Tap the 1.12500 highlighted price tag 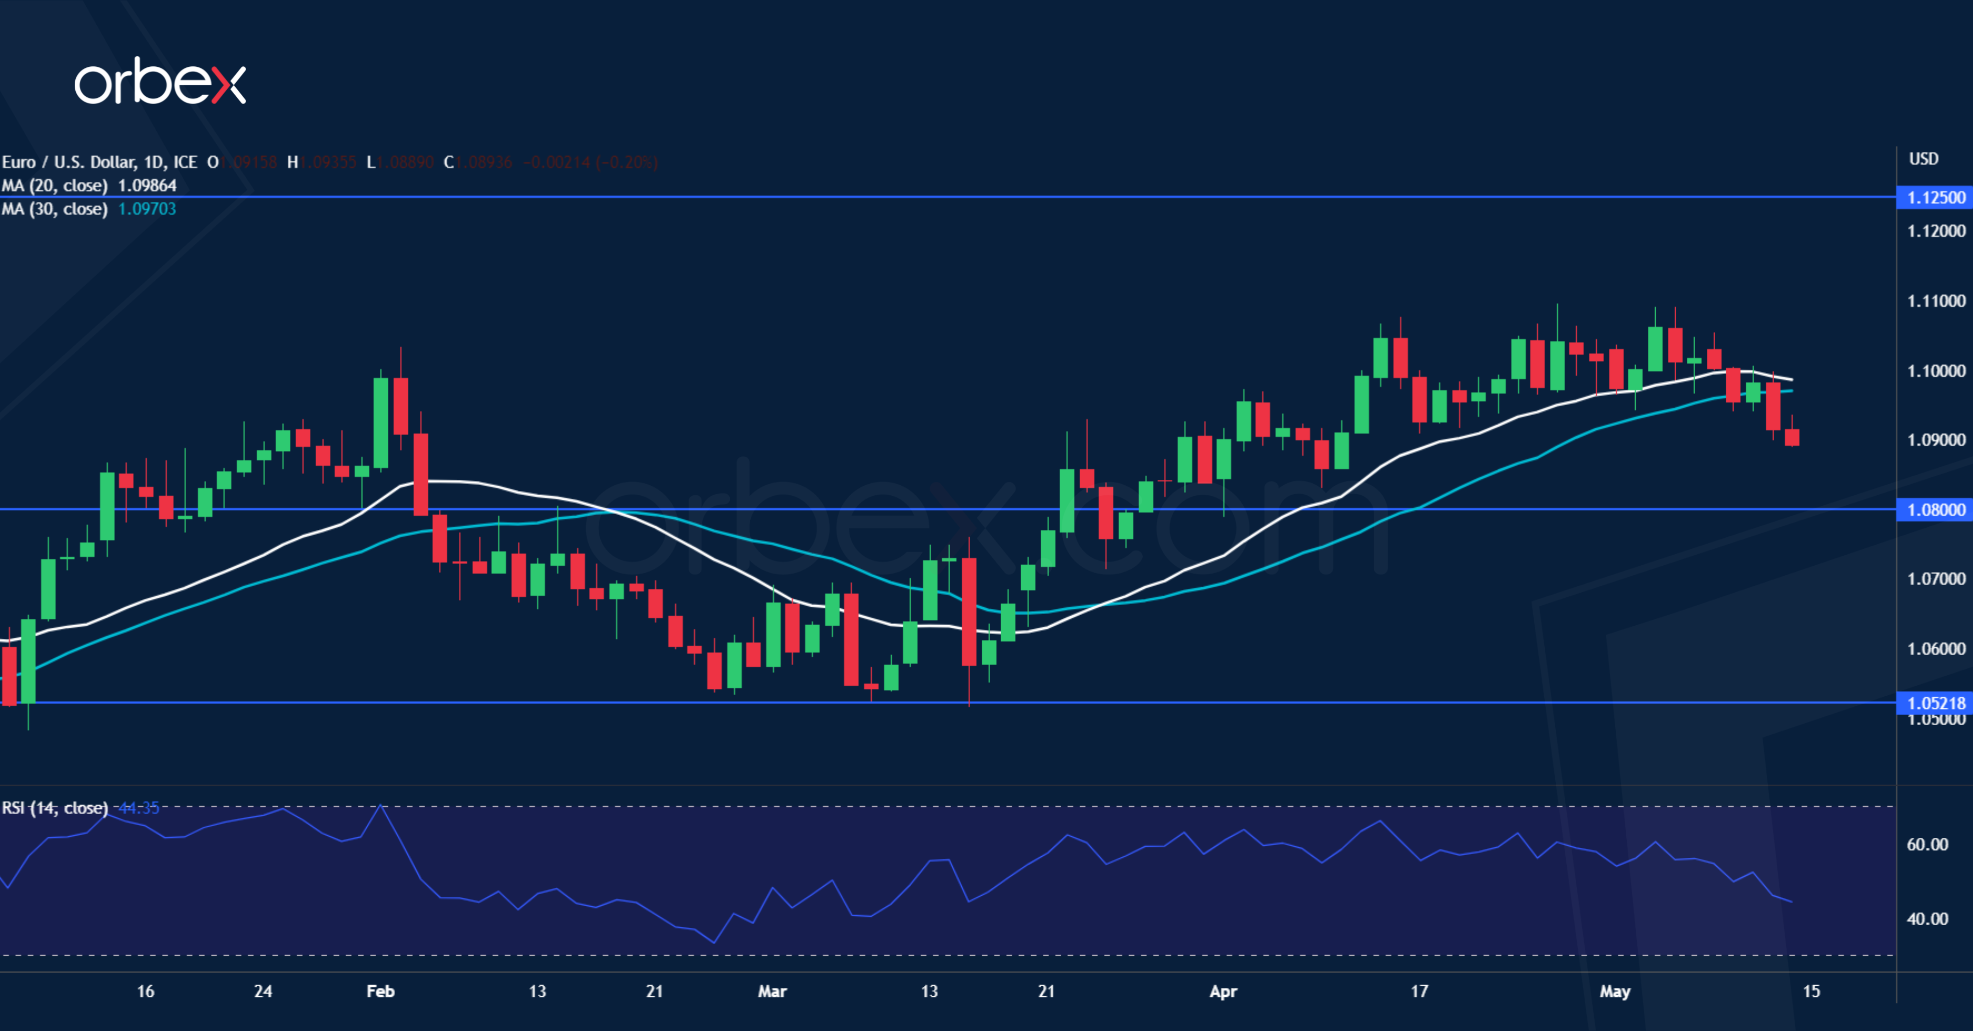[1935, 197]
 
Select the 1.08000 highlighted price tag [1935, 509]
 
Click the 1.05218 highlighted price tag [1935, 703]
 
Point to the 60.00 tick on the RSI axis [1927, 844]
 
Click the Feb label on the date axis [380, 991]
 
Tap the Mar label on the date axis [772, 991]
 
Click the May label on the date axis [1615, 991]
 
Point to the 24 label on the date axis [263, 991]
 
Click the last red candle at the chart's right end [1792, 437]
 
